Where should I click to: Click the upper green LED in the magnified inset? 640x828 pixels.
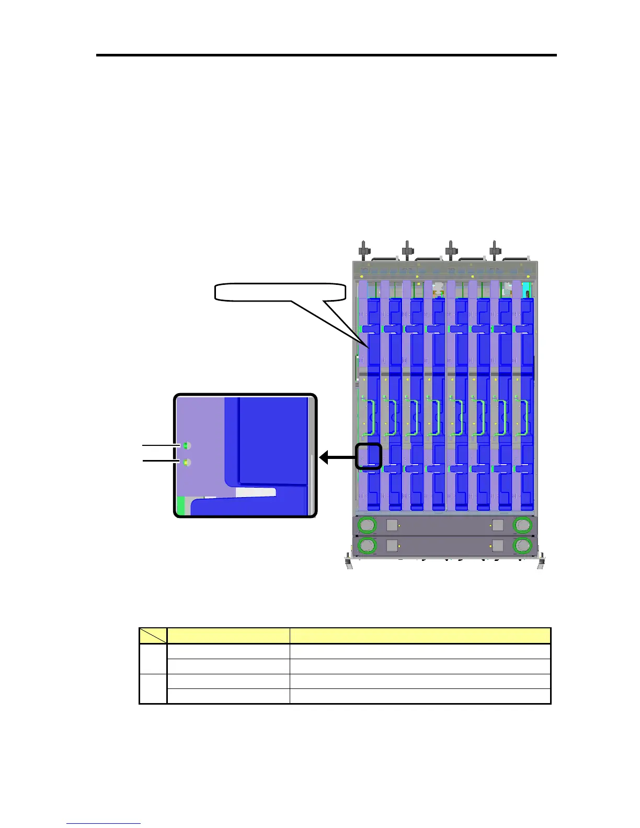(186, 445)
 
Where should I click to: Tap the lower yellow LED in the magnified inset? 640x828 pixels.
(186, 462)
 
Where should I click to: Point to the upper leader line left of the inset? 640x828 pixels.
(161, 445)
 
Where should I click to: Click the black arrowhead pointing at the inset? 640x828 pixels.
(325, 458)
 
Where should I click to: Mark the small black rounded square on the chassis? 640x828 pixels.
(369, 456)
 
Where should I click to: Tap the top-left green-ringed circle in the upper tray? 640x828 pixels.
(367, 525)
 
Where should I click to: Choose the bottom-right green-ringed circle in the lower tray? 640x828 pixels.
(522, 546)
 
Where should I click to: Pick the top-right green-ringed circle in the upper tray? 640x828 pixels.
(522, 525)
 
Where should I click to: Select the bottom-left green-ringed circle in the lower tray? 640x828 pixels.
(367, 546)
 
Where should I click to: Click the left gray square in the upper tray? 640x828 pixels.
(392, 525)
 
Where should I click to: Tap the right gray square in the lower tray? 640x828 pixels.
(498, 546)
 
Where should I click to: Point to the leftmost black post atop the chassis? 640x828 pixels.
(362, 249)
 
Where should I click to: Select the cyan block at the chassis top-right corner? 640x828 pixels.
(527, 287)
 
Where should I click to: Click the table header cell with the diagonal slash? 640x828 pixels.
(153, 636)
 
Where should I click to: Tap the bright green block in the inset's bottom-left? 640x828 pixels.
(181, 506)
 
